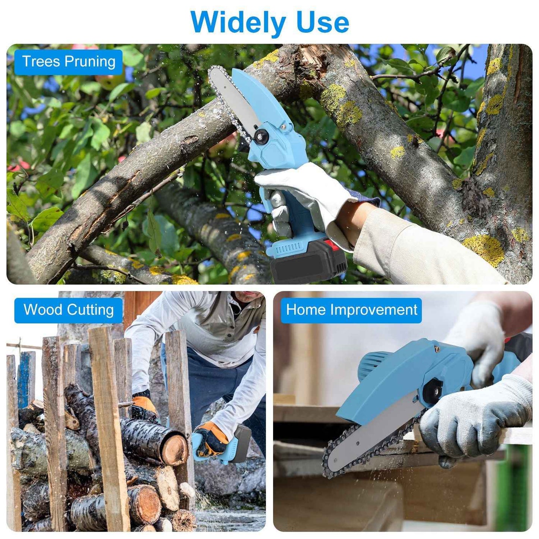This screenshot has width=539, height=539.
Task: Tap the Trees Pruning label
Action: tap(69, 62)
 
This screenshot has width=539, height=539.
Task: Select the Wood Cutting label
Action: tap(69, 310)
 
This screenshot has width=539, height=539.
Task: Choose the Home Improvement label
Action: tap(351, 310)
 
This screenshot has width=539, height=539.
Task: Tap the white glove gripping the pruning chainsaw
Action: tap(306, 194)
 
